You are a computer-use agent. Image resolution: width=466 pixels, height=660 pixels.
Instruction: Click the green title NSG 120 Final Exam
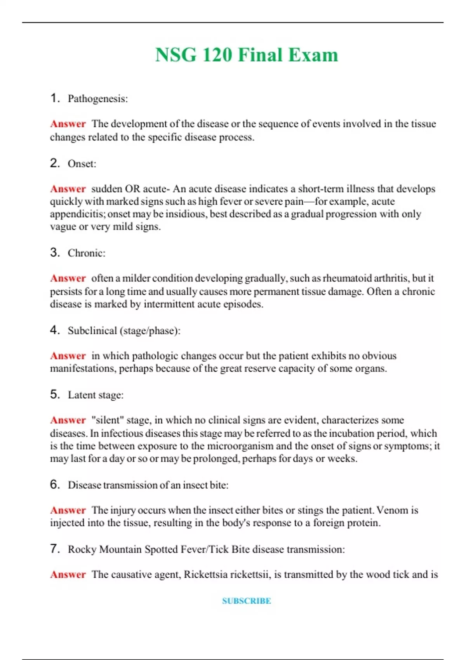[247, 55]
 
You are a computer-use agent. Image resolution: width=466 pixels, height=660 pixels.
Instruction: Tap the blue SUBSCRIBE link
[247, 601]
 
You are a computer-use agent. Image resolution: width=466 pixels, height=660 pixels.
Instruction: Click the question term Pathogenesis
[97, 99]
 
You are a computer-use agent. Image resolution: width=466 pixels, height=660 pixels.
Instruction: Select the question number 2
[55, 163]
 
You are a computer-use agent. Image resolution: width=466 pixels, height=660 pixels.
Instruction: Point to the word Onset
[81, 164]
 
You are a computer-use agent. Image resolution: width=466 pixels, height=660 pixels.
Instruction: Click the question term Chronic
[86, 253]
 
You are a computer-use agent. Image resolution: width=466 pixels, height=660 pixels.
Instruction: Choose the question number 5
[55, 394]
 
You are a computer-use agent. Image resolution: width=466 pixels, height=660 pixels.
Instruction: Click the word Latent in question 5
[80, 395]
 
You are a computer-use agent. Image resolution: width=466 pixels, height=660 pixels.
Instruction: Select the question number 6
[55, 485]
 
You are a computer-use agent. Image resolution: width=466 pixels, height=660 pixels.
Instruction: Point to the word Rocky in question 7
[82, 549]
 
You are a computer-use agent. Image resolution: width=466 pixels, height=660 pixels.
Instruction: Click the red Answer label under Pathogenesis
[68, 124]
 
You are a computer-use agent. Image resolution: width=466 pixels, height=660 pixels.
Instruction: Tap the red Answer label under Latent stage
[68, 420]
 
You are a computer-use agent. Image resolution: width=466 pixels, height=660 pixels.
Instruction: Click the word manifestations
[82, 368]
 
